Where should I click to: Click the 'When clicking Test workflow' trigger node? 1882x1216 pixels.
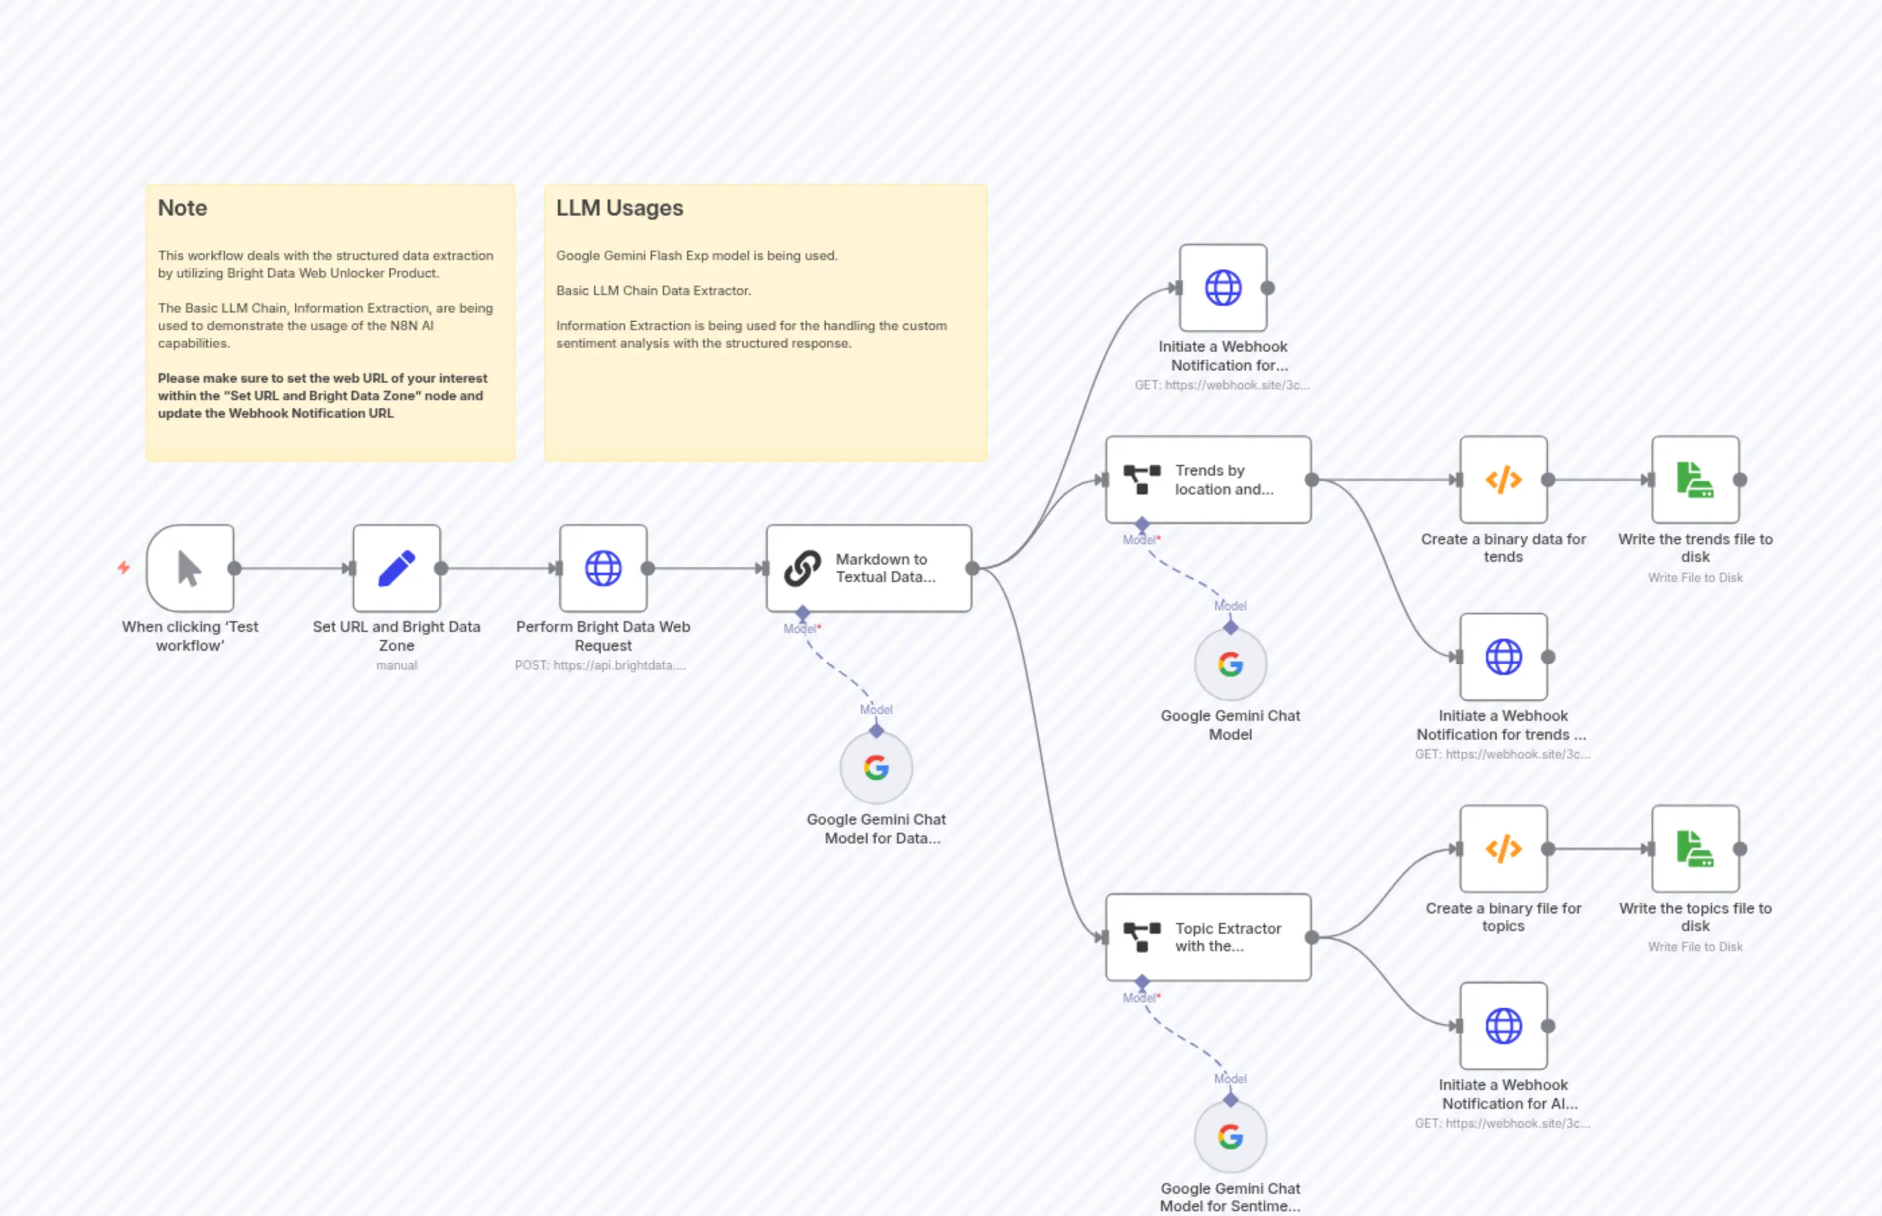point(189,568)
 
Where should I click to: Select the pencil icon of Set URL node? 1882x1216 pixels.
point(396,568)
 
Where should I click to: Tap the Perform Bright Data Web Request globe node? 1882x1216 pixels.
point(603,568)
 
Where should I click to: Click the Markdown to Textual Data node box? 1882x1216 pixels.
point(868,568)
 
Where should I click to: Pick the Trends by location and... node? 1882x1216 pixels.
point(1208,479)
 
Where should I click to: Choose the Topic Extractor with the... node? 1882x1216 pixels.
point(1208,937)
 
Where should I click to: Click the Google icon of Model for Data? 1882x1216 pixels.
point(876,767)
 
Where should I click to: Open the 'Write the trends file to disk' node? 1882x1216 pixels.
point(1695,479)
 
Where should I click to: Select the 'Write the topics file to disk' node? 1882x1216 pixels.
point(1695,849)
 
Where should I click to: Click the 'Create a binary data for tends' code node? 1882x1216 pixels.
point(1503,479)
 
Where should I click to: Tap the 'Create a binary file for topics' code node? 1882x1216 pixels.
point(1503,849)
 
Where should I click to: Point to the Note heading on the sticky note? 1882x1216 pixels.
point(183,207)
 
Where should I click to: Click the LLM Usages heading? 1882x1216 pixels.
point(620,207)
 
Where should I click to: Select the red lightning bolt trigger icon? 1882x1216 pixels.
point(124,567)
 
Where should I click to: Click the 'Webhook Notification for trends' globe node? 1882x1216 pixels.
point(1503,657)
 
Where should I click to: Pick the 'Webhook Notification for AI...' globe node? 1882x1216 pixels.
point(1503,1026)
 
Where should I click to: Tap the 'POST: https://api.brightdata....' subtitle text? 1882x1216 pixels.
point(600,666)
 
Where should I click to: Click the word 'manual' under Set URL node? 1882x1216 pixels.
point(396,666)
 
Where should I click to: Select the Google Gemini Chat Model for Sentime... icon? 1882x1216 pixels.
point(1230,1137)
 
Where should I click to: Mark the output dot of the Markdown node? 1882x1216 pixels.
point(973,568)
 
